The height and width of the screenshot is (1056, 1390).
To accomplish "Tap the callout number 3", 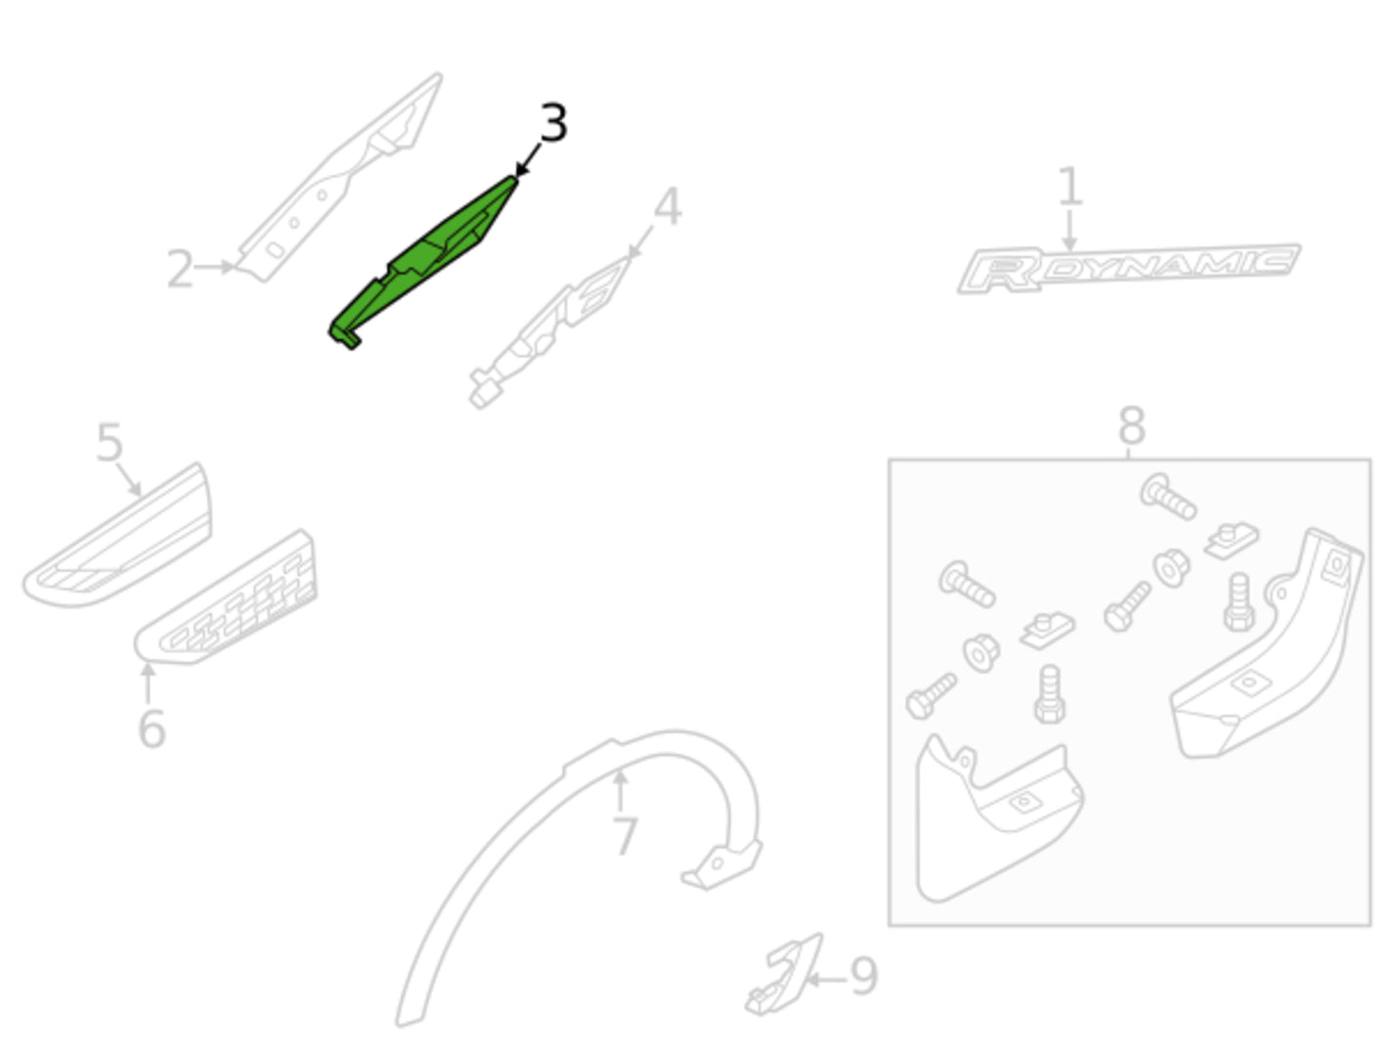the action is (x=553, y=122).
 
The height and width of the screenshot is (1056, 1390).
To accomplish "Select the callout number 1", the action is (x=1069, y=186).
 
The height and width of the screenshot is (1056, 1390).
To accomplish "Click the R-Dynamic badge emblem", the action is (x=1129, y=269).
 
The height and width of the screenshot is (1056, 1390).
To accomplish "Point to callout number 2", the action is (x=180, y=269).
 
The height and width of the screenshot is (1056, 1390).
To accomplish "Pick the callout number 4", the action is (x=668, y=206).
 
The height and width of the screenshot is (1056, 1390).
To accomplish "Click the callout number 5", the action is (x=109, y=442).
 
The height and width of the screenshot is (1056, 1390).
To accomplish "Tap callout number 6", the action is (x=152, y=728).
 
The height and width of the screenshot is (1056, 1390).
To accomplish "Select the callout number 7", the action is (x=625, y=836).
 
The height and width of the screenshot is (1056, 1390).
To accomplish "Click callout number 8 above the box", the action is (x=1132, y=425).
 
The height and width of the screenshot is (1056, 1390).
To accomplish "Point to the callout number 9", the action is (x=863, y=976).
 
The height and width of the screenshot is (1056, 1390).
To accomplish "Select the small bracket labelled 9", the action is (x=784, y=974).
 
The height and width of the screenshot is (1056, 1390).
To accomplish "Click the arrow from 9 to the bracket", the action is (x=827, y=980).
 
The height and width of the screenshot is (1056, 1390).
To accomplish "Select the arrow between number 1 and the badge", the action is (x=1069, y=231).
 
